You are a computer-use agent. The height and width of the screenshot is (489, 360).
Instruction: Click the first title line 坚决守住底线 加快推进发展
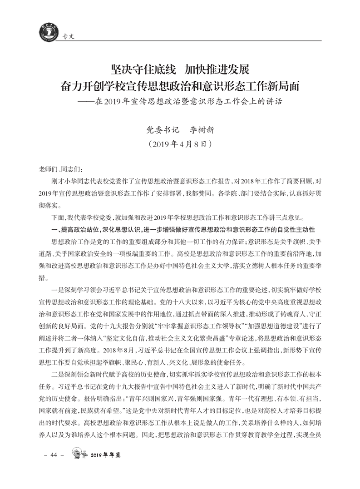tap(180, 70)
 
